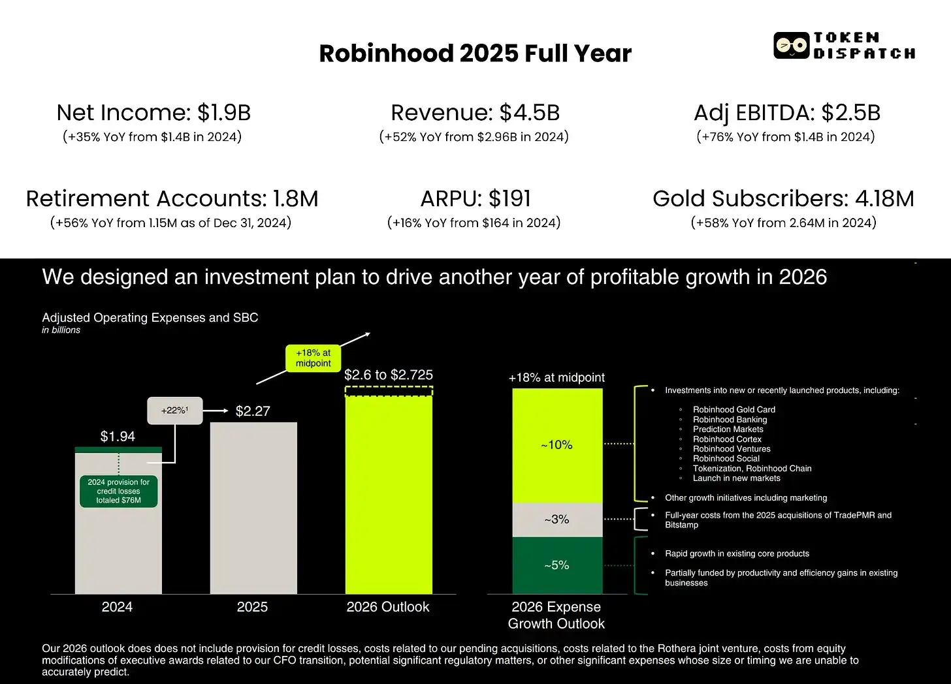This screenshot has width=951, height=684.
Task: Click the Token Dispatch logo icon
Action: click(791, 46)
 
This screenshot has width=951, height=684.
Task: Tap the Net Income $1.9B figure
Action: click(153, 113)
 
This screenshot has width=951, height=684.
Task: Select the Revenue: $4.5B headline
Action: click(475, 113)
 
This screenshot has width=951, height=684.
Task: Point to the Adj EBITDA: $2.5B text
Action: click(786, 113)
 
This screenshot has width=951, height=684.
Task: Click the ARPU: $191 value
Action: click(475, 198)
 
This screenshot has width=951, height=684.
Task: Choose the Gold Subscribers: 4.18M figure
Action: click(783, 198)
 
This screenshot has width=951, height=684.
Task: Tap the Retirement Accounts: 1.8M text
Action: click(172, 198)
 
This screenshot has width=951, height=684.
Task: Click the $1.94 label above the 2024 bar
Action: click(118, 437)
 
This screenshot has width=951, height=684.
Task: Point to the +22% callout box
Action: click(174, 411)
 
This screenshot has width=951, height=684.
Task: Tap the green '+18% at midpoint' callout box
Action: click(313, 358)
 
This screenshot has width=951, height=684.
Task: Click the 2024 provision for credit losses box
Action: click(118, 491)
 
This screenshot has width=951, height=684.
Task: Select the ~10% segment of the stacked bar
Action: click(557, 445)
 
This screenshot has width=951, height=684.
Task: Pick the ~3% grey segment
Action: click(557, 520)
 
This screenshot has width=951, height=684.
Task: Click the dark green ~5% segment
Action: click(557, 565)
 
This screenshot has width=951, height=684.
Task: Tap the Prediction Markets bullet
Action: click(728, 429)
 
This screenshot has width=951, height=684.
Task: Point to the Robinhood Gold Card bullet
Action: click(733, 410)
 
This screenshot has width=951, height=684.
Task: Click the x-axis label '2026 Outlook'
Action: click(388, 607)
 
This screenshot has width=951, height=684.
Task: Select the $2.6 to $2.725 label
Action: click(389, 375)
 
